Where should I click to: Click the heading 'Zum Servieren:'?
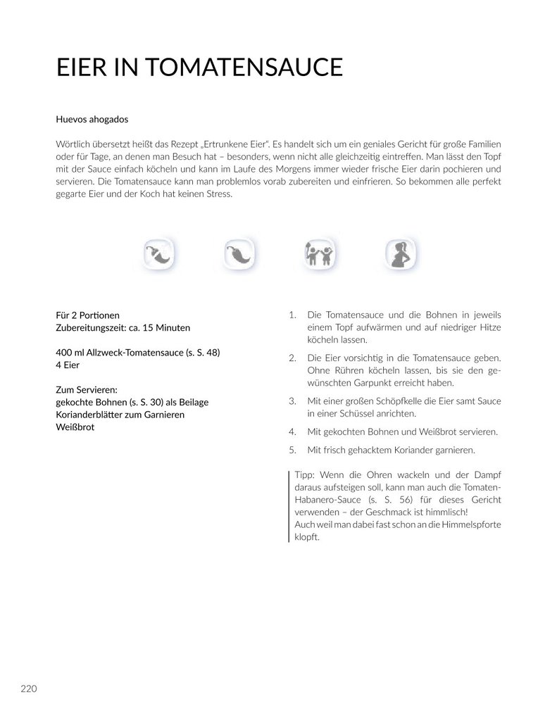(x=85, y=389)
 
